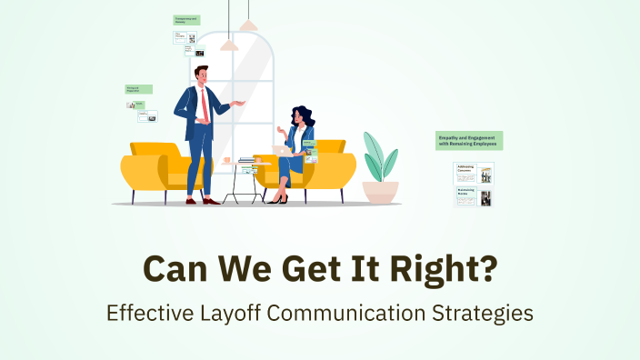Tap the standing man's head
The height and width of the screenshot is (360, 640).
point(201,74)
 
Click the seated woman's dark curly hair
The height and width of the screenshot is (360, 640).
point(305,117)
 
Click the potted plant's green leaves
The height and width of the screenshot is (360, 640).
point(379,157)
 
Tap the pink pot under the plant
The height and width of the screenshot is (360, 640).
point(380,191)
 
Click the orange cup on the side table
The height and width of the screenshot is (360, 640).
point(226,161)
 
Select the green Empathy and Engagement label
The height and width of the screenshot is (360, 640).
point(469,140)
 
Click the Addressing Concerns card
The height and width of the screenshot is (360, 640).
point(473,173)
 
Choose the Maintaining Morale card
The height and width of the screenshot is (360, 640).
point(473,196)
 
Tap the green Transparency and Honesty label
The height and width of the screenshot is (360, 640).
point(186,19)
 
